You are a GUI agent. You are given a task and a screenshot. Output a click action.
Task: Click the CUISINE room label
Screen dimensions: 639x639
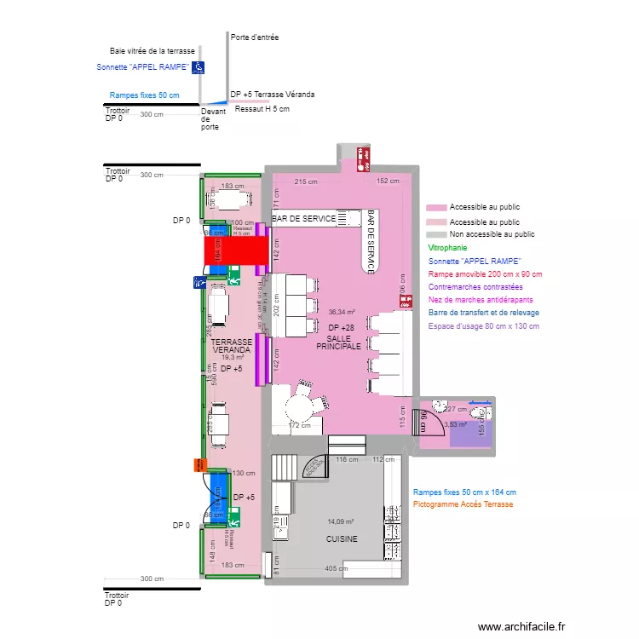tap(342, 539)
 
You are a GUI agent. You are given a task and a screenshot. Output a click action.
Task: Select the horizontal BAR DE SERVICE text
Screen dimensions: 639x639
tap(304, 220)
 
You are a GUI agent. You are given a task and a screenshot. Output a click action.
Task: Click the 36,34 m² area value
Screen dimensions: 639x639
tap(341, 312)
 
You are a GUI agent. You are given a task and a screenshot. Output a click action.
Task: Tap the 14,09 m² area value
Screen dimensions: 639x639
tap(340, 521)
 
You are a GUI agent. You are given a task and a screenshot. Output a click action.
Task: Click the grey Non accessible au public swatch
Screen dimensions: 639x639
tap(436, 234)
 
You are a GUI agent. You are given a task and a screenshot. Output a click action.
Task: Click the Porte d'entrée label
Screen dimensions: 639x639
tap(255, 37)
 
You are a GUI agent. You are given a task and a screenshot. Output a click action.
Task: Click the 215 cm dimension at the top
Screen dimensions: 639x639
tap(305, 181)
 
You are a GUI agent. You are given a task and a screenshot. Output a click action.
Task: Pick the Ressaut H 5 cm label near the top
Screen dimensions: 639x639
tap(262, 109)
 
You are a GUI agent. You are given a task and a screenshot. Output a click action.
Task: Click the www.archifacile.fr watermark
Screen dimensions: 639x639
tap(521, 626)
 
